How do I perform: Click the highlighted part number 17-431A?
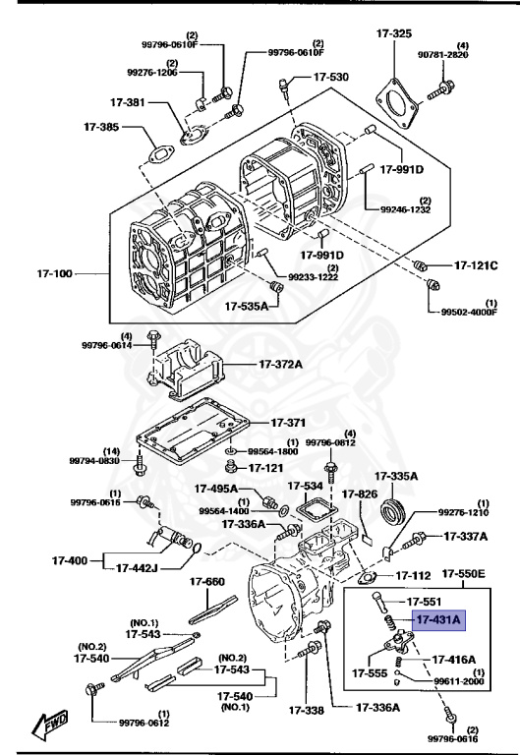click(x=437, y=620)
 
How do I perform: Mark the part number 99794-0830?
click(x=95, y=460)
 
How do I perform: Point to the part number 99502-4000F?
click(x=467, y=313)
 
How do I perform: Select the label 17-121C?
click(x=476, y=265)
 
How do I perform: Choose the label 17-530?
click(x=331, y=76)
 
